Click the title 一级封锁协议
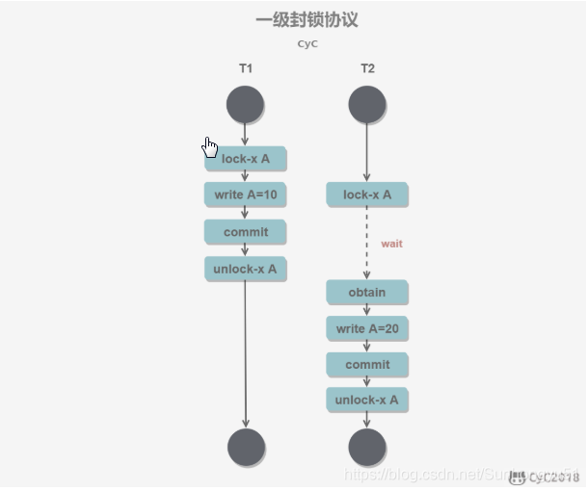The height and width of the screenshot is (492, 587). tap(306, 19)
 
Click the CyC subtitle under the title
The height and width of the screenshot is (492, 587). tap(306, 43)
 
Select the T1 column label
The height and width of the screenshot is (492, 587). tap(246, 68)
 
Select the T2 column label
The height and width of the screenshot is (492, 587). tap(367, 68)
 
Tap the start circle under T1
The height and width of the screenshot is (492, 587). tap(246, 104)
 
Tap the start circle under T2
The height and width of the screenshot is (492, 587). tap(367, 104)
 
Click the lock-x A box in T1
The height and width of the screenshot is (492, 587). tap(246, 159)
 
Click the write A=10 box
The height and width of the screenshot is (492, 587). tap(246, 195)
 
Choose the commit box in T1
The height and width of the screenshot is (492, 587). tap(246, 232)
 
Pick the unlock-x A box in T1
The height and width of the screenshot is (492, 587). tap(246, 269)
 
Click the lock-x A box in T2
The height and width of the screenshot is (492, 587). tap(367, 195)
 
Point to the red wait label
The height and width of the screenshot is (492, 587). tap(391, 244)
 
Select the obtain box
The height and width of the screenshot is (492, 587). tap(367, 293)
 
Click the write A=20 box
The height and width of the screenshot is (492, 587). tap(367, 328)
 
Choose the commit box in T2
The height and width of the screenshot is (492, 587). tap(367, 365)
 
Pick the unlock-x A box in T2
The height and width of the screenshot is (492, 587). tap(367, 400)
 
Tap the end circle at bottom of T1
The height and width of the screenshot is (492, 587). tap(246, 448)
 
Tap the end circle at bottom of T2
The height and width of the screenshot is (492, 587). tap(367, 448)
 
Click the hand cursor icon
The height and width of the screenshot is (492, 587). tap(210, 146)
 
